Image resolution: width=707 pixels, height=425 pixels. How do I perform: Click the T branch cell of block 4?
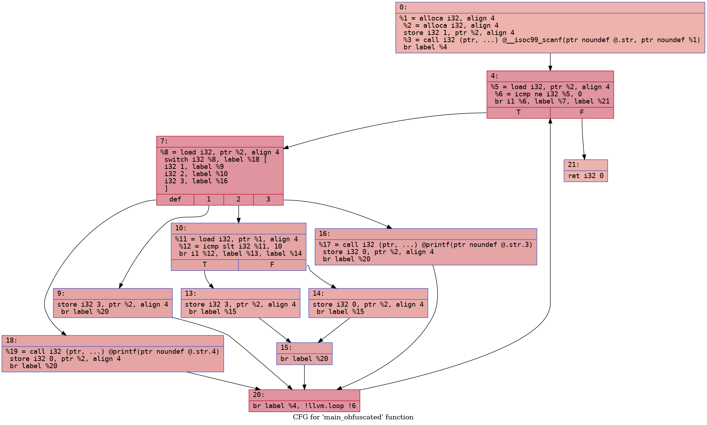[x=518, y=112]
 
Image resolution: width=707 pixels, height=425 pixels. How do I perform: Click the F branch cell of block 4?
[x=582, y=112]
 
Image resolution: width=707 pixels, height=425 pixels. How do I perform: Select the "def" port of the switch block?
[x=175, y=200]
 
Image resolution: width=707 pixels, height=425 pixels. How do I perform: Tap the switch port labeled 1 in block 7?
[x=209, y=200]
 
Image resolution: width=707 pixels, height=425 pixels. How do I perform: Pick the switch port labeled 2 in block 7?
[x=238, y=200]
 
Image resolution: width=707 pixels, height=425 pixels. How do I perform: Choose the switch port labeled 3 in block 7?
[x=268, y=200]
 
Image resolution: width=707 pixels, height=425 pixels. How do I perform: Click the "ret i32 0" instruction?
[x=586, y=176]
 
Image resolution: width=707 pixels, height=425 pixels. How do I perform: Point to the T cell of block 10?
[x=205, y=265]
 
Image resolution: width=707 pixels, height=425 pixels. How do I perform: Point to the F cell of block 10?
[x=272, y=265]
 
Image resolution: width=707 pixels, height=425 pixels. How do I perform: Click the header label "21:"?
[x=573, y=165]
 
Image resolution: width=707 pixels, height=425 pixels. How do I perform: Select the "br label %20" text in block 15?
[x=304, y=359]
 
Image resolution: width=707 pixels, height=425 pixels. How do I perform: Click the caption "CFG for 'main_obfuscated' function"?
[x=353, y=417]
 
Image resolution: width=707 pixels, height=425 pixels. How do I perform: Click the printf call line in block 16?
[x=425, y=245]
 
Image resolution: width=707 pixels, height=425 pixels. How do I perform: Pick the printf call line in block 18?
[x=112, y=351]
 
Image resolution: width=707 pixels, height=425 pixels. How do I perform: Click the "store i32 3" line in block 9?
[x=112, y=304]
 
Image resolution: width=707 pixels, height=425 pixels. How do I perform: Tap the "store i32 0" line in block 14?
[x=368, y=304]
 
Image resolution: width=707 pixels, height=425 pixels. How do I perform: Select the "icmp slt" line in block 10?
[x=230, y=246]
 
